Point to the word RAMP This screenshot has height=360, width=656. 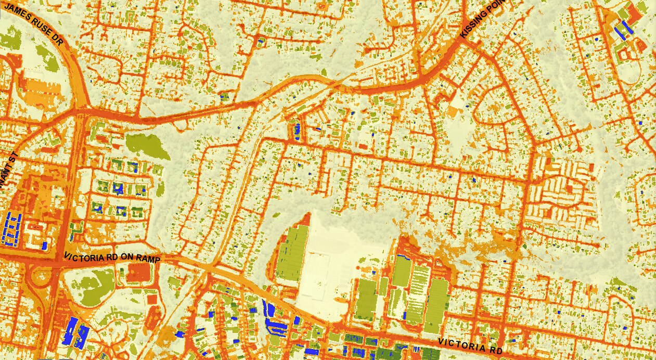coord(150,258)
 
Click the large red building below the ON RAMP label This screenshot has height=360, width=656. coord(137,273)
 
